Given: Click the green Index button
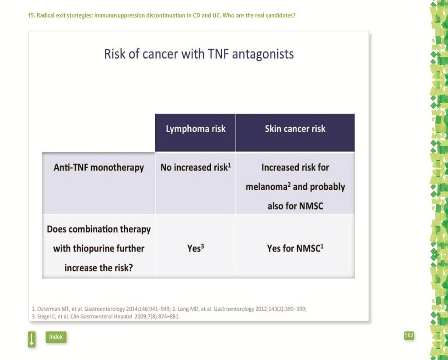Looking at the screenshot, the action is (x=56, y=337).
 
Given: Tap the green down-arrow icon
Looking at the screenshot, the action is (x=31, y=339).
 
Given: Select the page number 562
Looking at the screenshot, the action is (x=409, y=336).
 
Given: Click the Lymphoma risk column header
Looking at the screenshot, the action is (x=196, y=129).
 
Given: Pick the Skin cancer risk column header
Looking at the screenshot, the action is (x=295, y=129).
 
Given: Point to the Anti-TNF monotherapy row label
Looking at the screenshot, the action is (x=98, y=168).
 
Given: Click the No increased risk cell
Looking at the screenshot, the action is (x=196, y=167).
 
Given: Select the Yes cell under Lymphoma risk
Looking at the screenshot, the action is (x=196, y=248).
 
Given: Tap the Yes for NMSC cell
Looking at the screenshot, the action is (x=295, y=248).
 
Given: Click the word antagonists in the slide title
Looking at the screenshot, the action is (x=263, y=54).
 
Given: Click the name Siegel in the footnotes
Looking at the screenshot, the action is (x=43, y=317).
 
